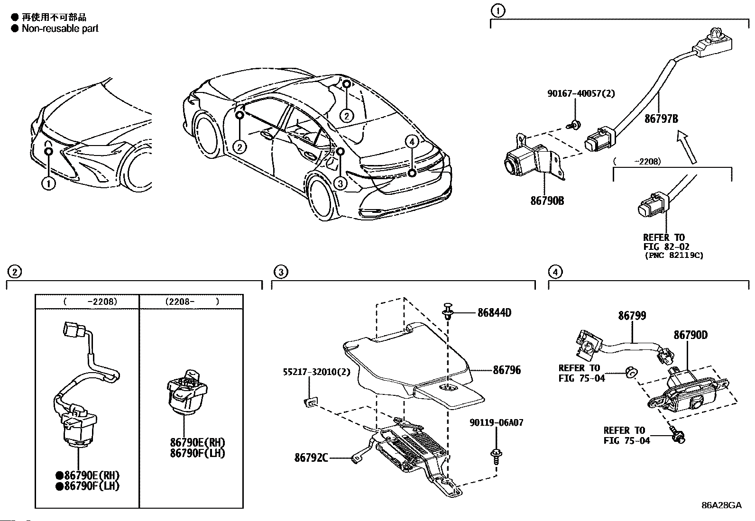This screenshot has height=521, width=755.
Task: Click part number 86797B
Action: (x=661, y=119)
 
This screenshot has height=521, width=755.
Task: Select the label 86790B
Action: (x=547, y=201)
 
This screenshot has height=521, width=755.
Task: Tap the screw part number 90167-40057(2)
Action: (x=580, y=93)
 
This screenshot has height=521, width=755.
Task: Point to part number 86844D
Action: (x=494, y=313)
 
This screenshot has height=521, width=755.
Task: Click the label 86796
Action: (x=506, y=370)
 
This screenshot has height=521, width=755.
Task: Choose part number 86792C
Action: (x=311, y=457)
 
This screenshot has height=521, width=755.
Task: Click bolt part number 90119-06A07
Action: (x=496, y=422)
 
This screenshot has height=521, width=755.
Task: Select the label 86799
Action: (x=632, y=316)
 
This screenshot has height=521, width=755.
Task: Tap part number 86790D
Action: (x=691, y=335)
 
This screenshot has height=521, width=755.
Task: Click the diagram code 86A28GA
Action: (x=721, y=505)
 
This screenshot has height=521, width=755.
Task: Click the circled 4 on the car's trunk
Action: (x=412, y=141)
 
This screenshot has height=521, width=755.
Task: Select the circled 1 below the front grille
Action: (x=48, y=183)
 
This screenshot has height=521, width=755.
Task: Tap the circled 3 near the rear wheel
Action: (x=340, y=183)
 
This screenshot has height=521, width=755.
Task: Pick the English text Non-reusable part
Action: (x=60, y=28)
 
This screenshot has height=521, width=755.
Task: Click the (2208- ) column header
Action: (x=192, y=301)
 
